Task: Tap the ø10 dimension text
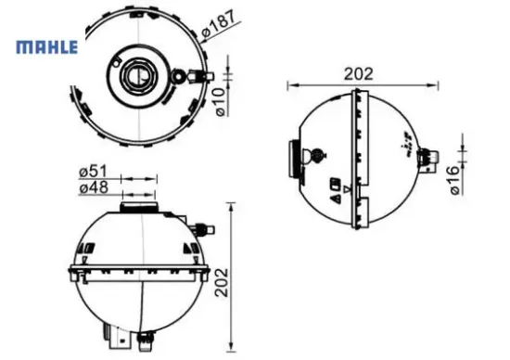coord(221,102)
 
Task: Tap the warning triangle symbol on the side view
coord(336,196)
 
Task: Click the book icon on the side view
coord(333,180)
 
